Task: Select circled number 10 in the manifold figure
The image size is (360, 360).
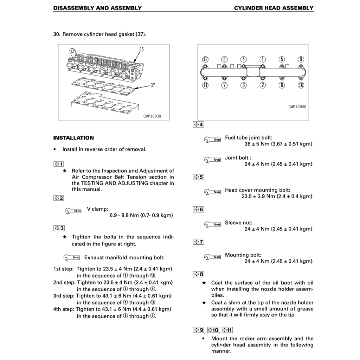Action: click(301, 85)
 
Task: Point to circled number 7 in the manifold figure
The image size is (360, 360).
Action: click(225, 85)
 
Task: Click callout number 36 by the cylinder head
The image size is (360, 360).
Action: click(141, 50)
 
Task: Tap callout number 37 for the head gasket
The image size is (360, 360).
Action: click(153, 85)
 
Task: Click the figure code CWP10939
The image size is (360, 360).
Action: click(152, 116)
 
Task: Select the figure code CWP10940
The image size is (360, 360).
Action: click(297, 107)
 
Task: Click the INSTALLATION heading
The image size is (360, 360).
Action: click(73, 138)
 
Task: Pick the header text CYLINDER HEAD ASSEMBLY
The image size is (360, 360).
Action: click(274, 8)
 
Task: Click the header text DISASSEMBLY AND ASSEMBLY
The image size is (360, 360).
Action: click(97, 8)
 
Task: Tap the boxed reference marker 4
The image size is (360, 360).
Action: click(198, 124)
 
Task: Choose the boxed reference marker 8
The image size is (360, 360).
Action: click(199, 274)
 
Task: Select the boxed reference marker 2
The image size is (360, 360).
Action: click(58, 198)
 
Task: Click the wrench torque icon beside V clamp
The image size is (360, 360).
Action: click(73, 211)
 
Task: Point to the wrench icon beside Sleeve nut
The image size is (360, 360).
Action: click(212, 224)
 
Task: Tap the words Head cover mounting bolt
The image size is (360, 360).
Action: click(257, 190)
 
